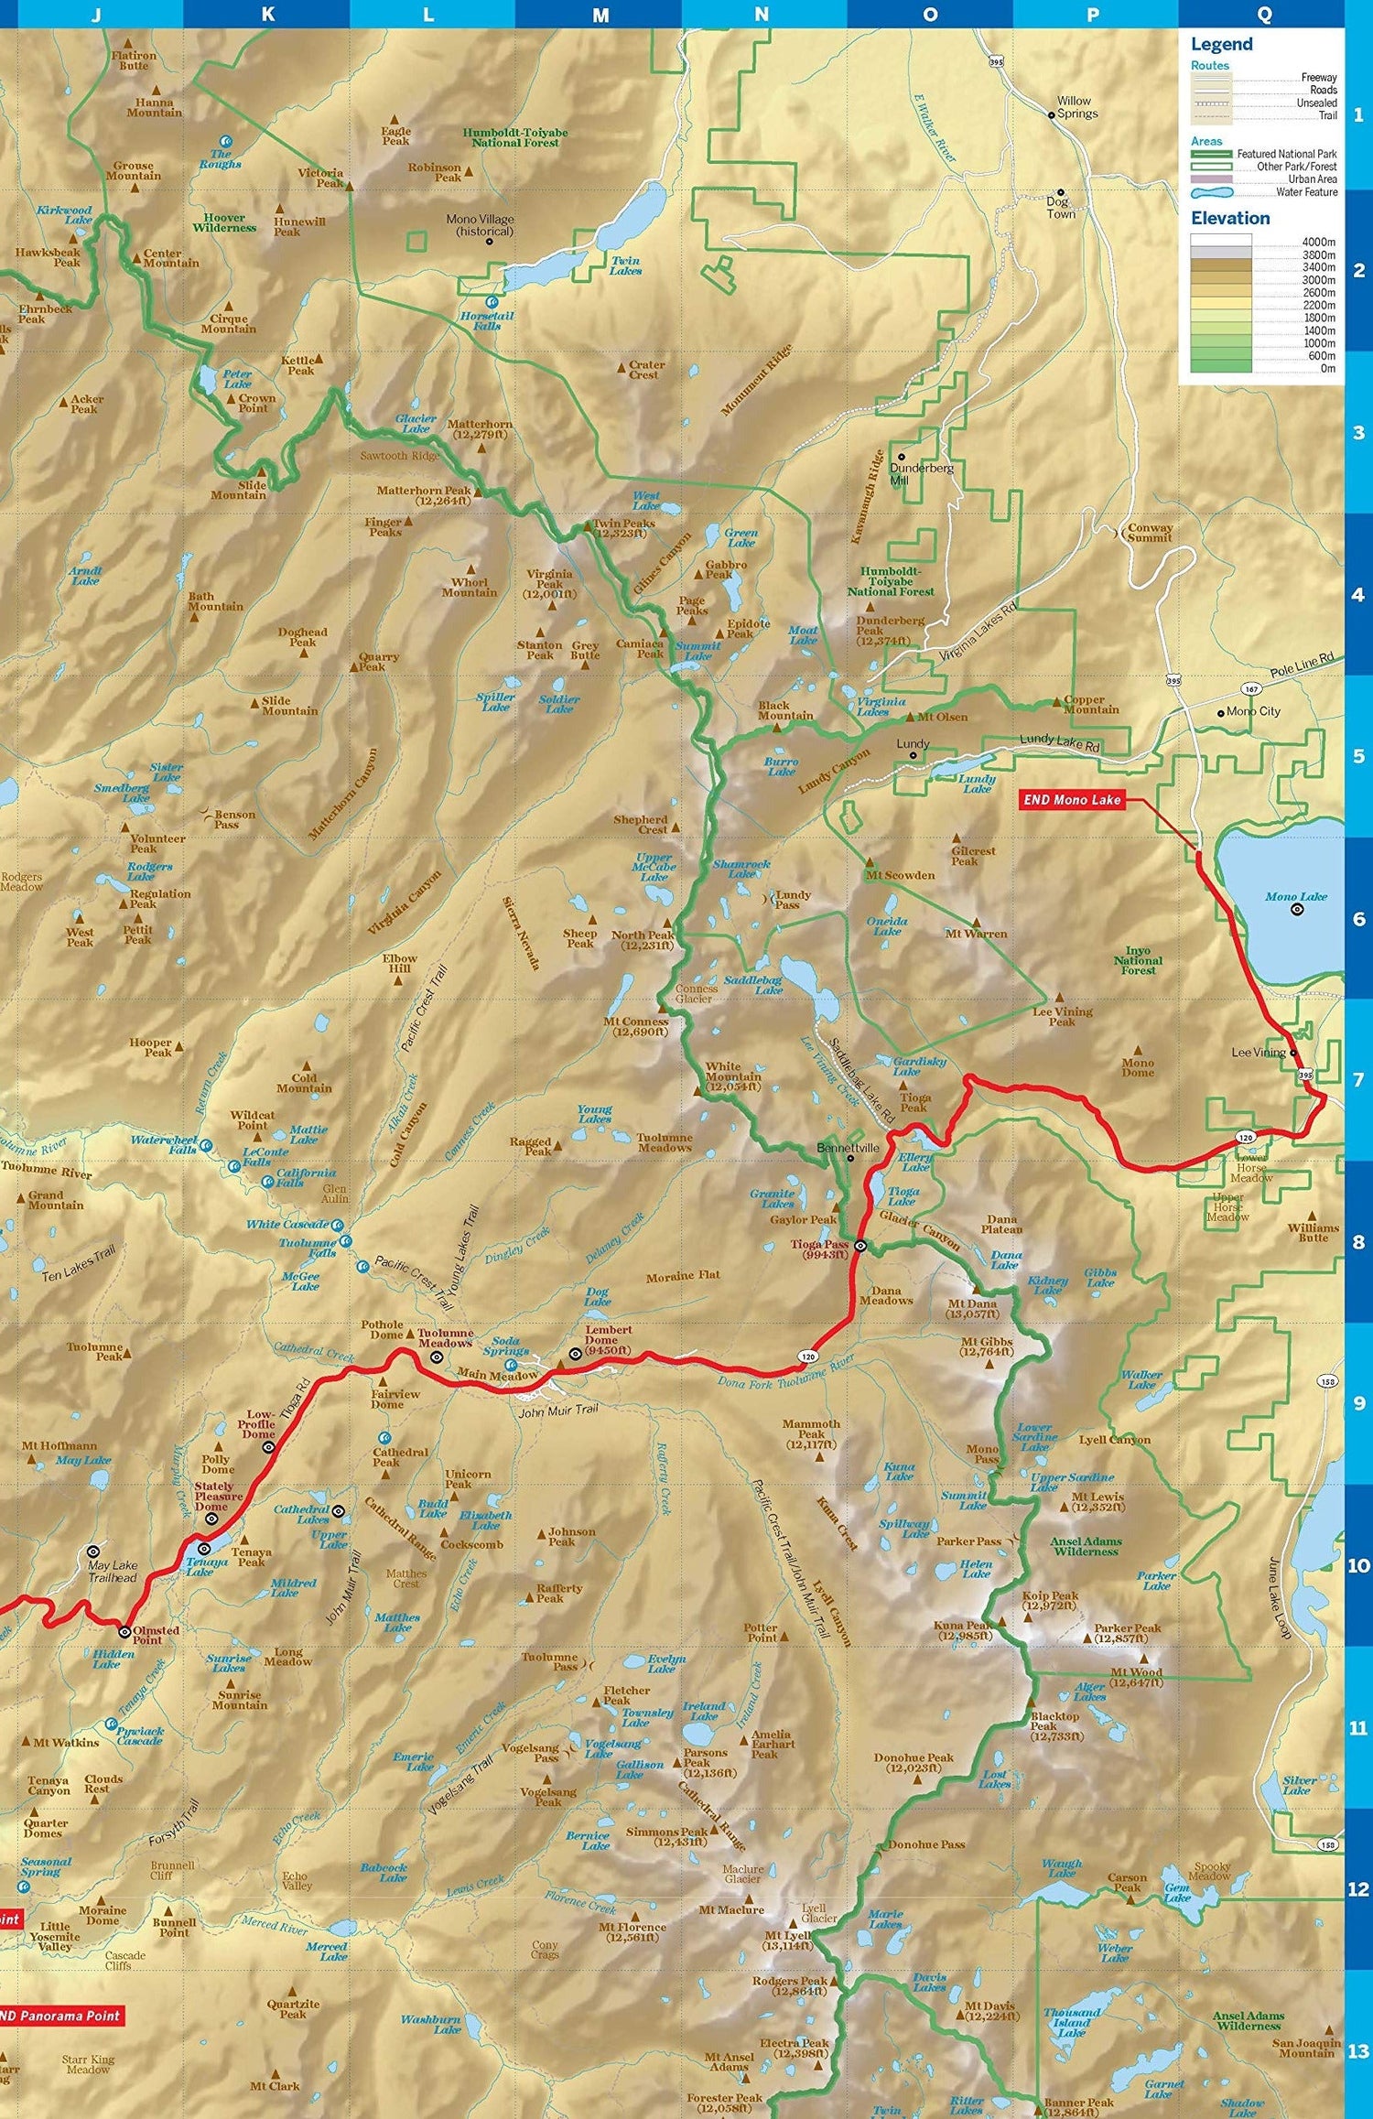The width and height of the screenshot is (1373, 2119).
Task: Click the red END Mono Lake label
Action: [1072, 800]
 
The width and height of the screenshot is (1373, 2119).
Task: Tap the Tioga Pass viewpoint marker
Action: [860, 1246]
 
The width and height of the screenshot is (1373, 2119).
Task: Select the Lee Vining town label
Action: [1259, 1053]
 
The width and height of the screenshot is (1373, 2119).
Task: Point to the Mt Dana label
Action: [972, 1309]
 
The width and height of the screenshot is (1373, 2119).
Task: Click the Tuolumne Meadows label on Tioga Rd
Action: [446, 1338]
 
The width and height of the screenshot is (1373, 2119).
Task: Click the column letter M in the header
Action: [600, 15]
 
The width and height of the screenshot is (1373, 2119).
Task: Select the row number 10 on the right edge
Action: [1358, 1565]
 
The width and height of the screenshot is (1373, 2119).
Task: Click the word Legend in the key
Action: [1221, 44]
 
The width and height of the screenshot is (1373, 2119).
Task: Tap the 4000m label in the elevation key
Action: [1318, 242]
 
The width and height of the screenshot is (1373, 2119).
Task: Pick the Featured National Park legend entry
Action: [1286, 154]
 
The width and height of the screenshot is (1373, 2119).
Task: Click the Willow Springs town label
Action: [1076, 107]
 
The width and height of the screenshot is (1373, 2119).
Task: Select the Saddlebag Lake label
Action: [753, 985]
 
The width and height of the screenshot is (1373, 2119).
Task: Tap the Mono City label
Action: [1253, 711]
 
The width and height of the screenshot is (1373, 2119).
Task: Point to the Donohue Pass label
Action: [926, 1844]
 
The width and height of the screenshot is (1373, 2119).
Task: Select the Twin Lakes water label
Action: [626, 265]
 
